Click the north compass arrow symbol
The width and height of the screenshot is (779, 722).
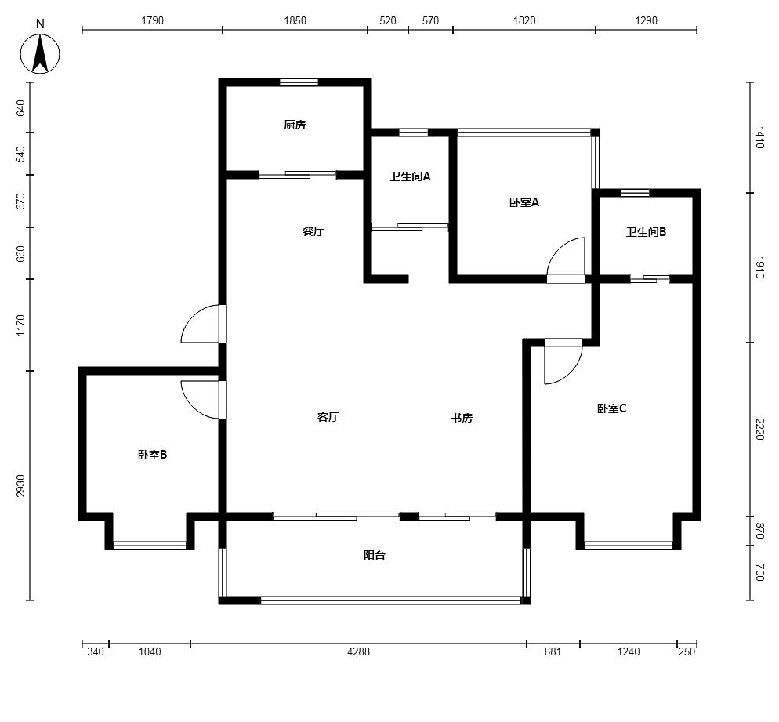[x=40, y=53]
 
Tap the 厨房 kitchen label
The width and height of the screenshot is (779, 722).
[x=295, y=125]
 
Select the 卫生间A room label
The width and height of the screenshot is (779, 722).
[x=410, y=176]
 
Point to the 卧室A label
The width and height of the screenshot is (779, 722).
[x=524, y=202]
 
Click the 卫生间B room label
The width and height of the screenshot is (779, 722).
[x=646, y=232]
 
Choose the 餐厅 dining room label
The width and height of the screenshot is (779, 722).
[x=313, y=231]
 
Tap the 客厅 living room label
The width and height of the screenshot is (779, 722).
[x=328, y=417]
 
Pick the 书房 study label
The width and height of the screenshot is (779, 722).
[x=462, y=418]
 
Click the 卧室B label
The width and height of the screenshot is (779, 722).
[x=153, y=455]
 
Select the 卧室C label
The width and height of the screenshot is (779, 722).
[x=611, y=408]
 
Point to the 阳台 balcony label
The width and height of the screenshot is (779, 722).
[x=374, y=555]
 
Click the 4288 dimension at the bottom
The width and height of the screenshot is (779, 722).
[x=358, y=651]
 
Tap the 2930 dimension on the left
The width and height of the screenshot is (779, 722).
[x=20, y=485]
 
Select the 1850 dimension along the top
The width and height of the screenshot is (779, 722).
[x=295, y=20]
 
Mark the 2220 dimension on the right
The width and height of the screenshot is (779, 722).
[x=759, y=429]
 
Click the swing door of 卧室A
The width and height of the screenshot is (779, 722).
[x=566, y=261]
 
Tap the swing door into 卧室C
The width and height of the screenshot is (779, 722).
[x=563, y=361]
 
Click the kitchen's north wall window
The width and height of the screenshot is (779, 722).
[x=299, y=82]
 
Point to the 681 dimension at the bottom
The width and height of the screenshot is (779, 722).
[x=553, y=651]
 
